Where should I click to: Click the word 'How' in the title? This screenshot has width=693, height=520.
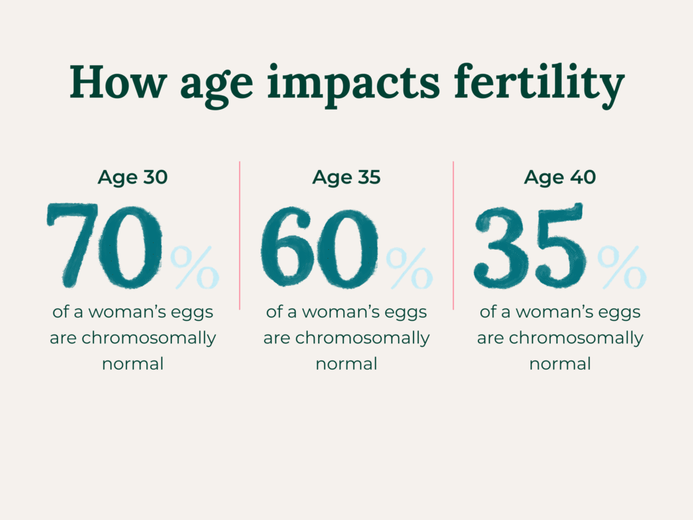118,82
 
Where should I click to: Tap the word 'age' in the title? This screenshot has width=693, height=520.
217,87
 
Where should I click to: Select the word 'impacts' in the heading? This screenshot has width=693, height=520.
353,85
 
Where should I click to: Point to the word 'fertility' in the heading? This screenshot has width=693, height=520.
539,85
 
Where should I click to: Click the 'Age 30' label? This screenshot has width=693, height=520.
133,178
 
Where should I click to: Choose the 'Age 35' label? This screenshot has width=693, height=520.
346,178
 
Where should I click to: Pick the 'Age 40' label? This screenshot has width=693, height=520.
560,178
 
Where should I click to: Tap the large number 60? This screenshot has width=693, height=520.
319,248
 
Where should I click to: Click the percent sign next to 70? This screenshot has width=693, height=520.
195,267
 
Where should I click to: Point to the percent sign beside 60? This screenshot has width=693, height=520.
409,268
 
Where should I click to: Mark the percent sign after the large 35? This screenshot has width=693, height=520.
622,267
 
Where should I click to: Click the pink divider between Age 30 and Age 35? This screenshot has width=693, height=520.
240,235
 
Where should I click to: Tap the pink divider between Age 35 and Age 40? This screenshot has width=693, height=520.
453,235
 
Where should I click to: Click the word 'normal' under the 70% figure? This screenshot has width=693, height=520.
133,364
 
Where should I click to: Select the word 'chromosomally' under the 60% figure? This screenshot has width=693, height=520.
363,339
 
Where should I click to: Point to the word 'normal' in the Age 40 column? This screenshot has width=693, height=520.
560,364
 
